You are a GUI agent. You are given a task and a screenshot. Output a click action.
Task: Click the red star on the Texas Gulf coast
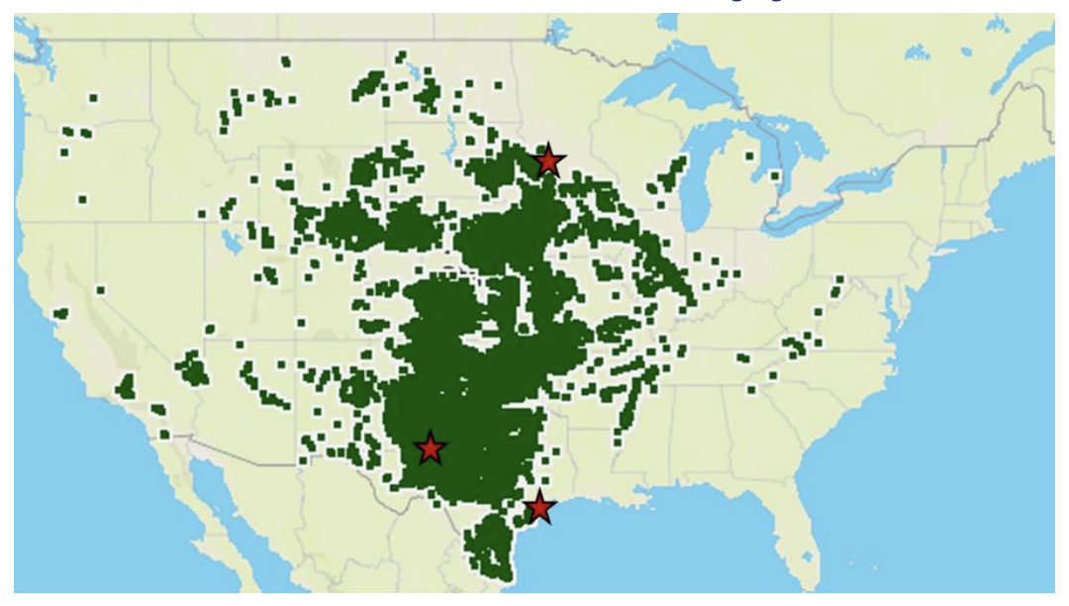[x=538, y=506]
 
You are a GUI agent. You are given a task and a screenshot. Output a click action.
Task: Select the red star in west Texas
[x=430, y=448]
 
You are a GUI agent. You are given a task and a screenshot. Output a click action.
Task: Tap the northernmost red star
[x=549, y=159]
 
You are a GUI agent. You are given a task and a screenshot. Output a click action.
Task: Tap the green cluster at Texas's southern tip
[x=489, y=550]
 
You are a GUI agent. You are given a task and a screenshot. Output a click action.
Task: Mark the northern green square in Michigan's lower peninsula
[x=749, y=154]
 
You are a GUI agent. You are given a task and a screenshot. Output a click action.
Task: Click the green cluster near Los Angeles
[x=126, y=386]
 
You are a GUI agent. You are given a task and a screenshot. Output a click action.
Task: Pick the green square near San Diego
[x=157, y=409]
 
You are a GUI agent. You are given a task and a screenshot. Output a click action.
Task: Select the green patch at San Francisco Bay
[x=61, y=313]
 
